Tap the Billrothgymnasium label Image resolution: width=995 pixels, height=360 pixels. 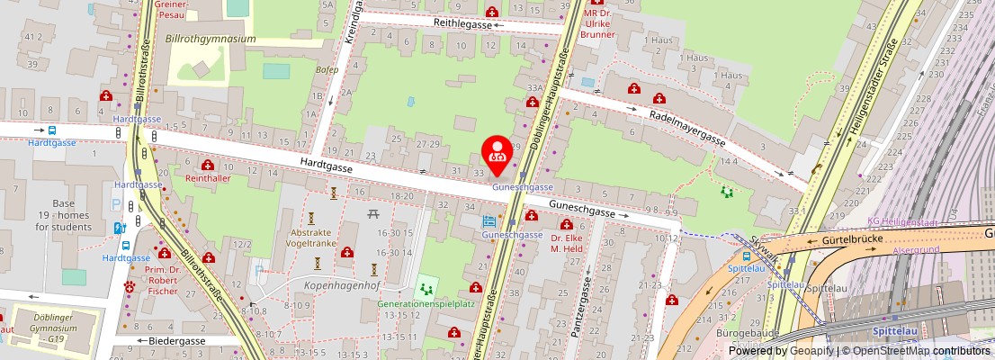(x=211, y=40)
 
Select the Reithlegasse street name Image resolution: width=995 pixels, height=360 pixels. (x=462, y=25)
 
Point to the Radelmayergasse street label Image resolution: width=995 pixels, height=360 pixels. (x=687, y=126)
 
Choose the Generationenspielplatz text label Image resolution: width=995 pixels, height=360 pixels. (x=426, y=304)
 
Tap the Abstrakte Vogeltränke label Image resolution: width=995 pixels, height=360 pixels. (x=311, y=238)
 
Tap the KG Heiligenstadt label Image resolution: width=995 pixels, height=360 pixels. (x=902, y=221)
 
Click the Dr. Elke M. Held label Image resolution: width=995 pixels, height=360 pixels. (x=568, y=243)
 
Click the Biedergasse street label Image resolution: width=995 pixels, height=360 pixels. (x=177, y=341)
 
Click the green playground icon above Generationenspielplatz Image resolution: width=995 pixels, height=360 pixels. (x=426, y=289)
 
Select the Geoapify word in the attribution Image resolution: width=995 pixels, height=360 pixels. (x=812, y=351)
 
